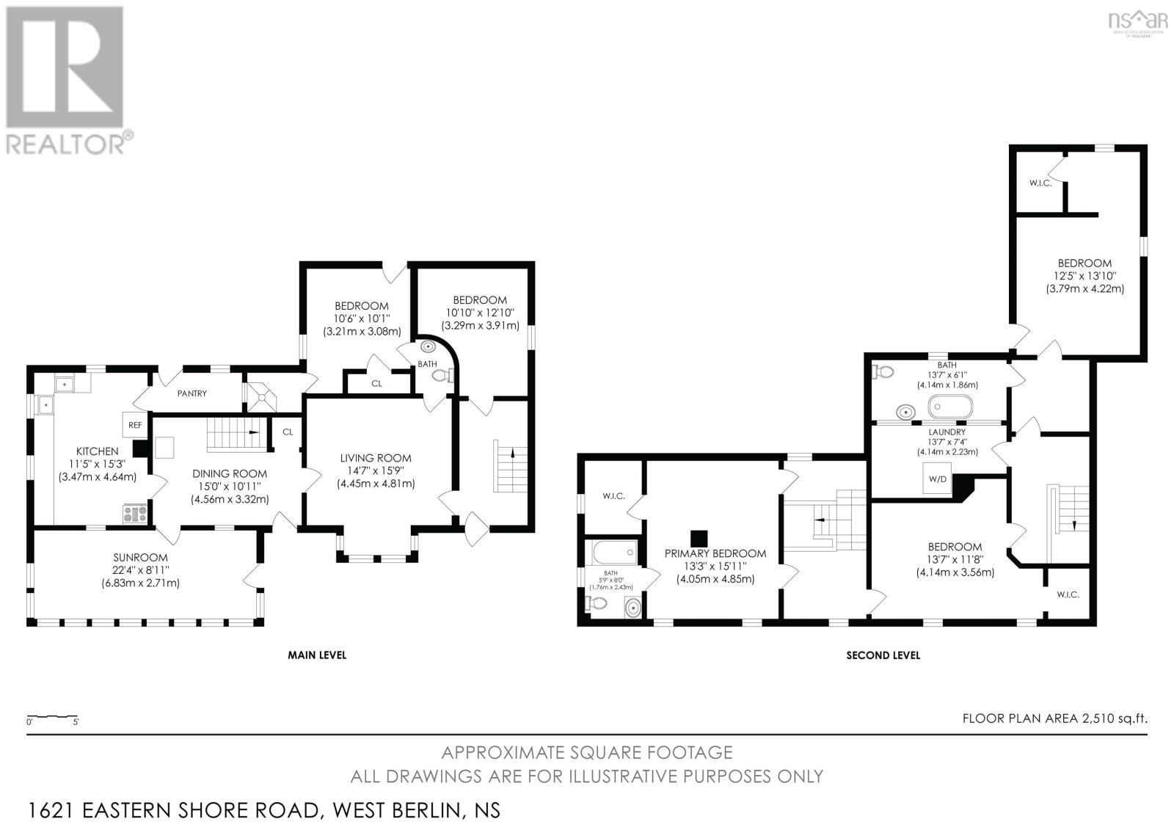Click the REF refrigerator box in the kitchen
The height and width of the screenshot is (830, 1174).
point(135,424)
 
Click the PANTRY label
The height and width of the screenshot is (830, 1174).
point(192,393)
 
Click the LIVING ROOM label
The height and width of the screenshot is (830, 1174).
point(376,458)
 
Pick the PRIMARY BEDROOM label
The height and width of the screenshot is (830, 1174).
point(715,553)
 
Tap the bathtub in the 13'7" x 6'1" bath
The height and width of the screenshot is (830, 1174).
point(949,407)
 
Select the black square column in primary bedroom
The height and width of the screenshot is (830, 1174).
point(699,538)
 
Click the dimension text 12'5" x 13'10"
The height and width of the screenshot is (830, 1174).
point(1084,276)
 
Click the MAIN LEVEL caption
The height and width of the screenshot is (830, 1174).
point(316,655)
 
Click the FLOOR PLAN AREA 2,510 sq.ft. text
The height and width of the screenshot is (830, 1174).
point(1054,718)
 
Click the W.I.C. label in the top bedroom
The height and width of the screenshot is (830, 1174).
point(1040,183)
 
